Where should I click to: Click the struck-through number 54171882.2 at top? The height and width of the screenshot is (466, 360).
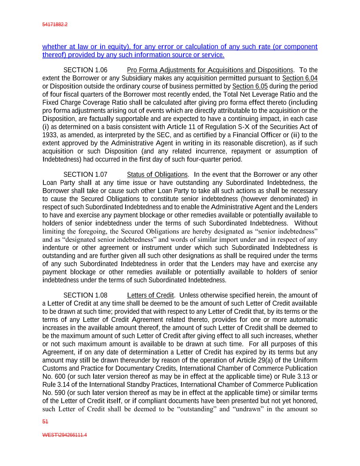pos(55,25)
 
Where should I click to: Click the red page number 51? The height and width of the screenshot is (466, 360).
pos(45,422)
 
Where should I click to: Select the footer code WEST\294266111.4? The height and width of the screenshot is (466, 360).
pos(64,435)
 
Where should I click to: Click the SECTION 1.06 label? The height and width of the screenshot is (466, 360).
pos(85,70)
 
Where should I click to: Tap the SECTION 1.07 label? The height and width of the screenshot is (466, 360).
pos(85,174)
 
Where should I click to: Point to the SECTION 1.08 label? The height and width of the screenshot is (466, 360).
pos(85,295)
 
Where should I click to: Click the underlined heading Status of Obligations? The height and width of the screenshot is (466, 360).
pos(157,174)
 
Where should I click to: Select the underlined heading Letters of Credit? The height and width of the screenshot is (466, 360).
pos(150,295)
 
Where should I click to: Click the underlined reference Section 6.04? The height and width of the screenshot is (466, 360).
pos(300,78)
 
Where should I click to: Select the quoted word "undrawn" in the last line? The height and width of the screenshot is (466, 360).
pos(247,409)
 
